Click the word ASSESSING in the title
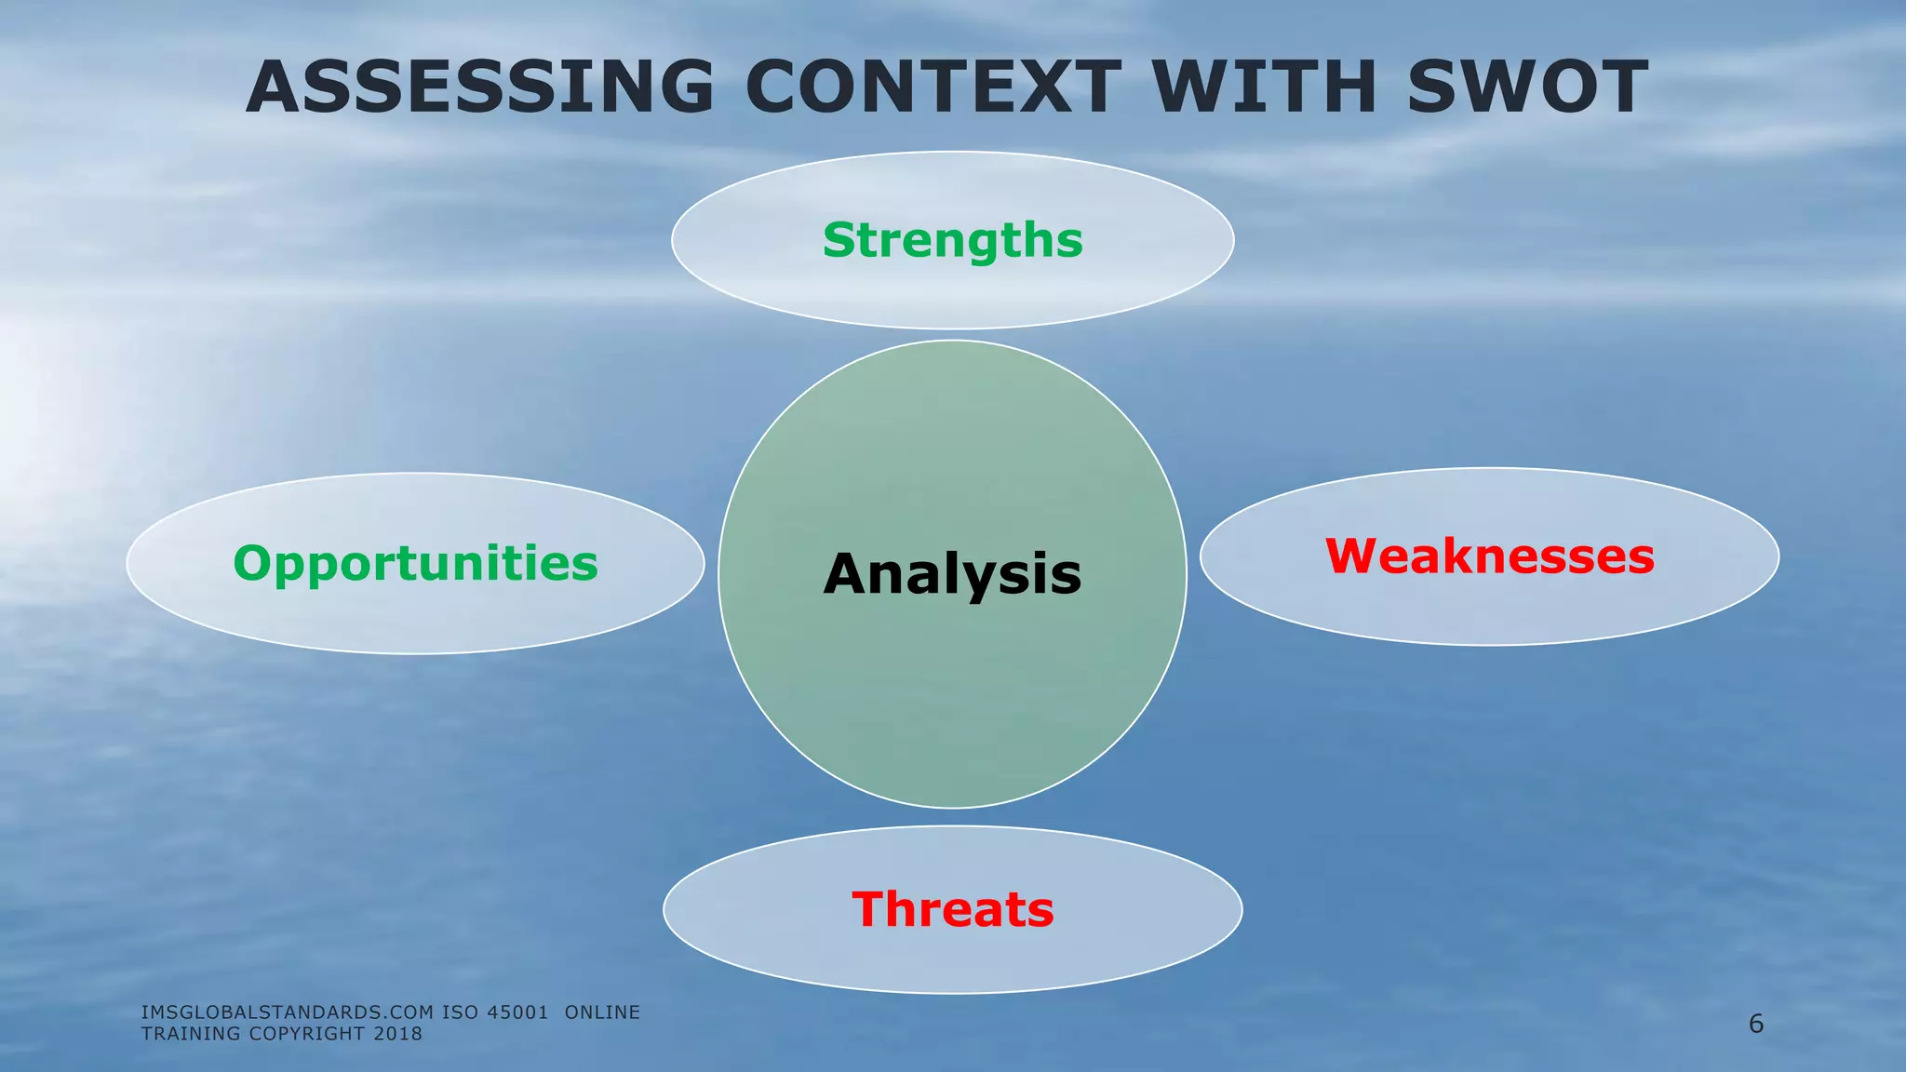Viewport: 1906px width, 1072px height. click(x=479, y=87)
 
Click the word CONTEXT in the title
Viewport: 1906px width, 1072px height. click(x=933, y=87)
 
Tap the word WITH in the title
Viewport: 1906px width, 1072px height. click(x=1264, y=87)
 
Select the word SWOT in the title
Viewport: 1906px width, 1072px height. click(x=1527, y=87)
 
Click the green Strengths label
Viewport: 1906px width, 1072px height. click(x=953, y=240)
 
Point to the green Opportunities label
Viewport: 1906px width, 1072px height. click(x=415, y=564)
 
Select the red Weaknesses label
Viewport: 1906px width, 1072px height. click(x=1489, y=556)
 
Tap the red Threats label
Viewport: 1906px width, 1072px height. click(x=953, y=909)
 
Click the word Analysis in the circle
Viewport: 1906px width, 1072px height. click(x=952, y=574)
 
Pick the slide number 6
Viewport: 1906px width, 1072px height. click(x=1756, y=1025)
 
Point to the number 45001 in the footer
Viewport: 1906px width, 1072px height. click(x=517, y=1012)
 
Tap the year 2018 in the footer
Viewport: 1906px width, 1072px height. click(x=397, y=1034)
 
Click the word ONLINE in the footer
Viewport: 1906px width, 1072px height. click(x=602, y=1012)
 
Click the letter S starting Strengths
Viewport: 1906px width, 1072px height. click(x=839, y=240)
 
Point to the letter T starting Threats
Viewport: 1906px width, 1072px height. click(x=868, y=909)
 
